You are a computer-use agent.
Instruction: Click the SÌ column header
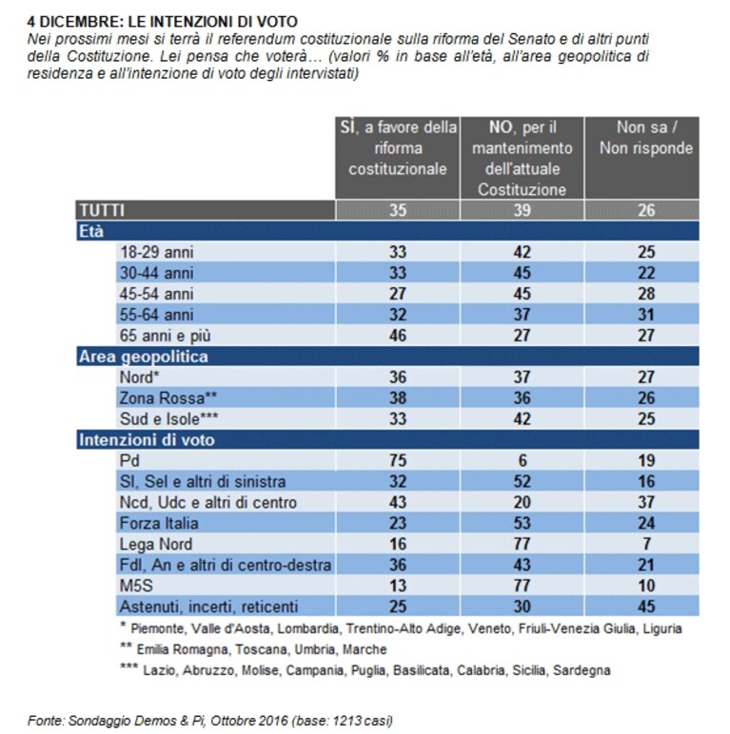tap(398, 158)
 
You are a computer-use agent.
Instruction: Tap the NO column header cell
tap(522, 158)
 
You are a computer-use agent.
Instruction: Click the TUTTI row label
tap(102, 210)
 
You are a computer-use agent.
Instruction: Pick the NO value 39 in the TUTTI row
tap(522, 210)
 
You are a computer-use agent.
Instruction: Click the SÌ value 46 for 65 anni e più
tap(398, 336)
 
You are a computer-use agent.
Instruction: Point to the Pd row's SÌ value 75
tap(398, 460)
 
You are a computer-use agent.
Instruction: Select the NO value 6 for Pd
tap(523, 460)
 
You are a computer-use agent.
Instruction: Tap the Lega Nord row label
tap(156, 544)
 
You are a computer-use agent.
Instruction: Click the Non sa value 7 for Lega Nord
tap(646, 544)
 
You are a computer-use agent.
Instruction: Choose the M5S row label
tap(136, 586)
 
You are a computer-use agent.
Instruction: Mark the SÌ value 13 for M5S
tap(398, 586)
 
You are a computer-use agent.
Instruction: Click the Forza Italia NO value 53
tap(522, 523)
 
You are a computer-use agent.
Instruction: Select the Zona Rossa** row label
tap(168, 397)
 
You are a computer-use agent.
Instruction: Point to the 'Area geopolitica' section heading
tap(144, 357)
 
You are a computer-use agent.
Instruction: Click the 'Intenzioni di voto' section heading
tap(147, 440)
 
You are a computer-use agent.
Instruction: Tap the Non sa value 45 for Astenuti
tap(646, 607)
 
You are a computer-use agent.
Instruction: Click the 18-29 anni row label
tap(156, 252)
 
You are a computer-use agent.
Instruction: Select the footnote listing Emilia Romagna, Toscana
tap(253, 649)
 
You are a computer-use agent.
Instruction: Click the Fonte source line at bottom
tap(210, 720)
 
